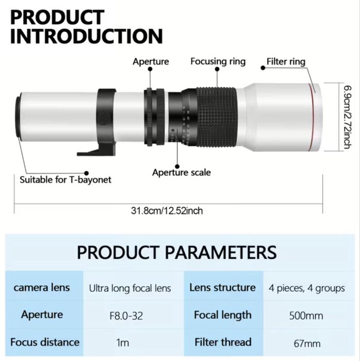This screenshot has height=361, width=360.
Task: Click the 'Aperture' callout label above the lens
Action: click(151, 61)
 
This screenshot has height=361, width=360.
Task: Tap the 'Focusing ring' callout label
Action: click(218, 61)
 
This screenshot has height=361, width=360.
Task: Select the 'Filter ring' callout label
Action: click(286, 62)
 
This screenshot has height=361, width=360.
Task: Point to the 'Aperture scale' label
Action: click(181, 172)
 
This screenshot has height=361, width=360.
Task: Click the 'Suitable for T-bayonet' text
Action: click(66, 180)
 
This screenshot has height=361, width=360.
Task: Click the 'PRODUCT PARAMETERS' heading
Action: click(176, 252)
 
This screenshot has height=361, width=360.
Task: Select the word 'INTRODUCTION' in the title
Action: click(87, 36)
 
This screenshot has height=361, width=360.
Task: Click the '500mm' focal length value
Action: click(306, 316)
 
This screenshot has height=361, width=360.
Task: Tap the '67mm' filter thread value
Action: click(306, 343)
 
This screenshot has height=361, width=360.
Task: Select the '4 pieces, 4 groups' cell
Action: click(306, 288)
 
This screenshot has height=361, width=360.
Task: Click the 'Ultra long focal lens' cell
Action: click(129, 288)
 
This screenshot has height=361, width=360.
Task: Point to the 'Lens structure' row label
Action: click(222, 287)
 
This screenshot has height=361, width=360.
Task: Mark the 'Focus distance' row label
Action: click(45, 342)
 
